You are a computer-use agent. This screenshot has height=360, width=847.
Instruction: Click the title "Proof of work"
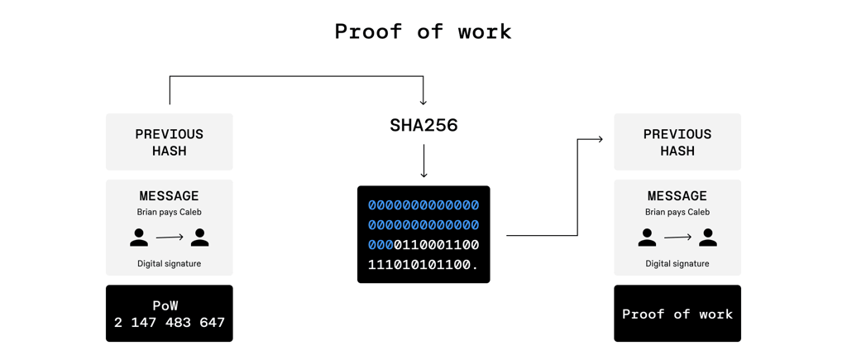(x=423, y=31)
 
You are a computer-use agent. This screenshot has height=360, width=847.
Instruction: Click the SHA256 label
(x=423, y=126)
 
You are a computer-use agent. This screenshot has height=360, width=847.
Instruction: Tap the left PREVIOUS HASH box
(x=170, y=142)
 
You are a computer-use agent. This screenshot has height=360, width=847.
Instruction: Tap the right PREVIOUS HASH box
(x=677, y=142)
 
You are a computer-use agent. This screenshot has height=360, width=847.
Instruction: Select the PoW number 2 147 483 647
(x=170, y=323)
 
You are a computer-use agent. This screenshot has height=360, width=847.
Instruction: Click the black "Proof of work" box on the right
(x=677, y=314)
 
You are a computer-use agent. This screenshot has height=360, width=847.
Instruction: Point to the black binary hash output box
(x=423, y=234)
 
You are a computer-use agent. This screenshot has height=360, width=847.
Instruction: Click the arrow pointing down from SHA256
(x=423, y=161)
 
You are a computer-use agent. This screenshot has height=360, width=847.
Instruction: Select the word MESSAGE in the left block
(x=170, y=196)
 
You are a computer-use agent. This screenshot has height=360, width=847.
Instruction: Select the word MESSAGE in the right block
(x=677, y=196)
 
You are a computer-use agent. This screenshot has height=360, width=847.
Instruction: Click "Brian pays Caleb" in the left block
(x=170, y=212)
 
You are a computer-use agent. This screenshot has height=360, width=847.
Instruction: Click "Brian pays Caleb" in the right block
(x=677, y=212)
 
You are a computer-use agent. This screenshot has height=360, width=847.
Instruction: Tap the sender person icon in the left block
(x=139, y=238)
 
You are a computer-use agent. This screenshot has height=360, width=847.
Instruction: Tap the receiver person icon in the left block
(x=199, y=238)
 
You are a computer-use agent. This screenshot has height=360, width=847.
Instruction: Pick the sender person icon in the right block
(x=647, y=238)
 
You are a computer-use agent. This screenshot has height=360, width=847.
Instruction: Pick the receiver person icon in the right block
(x=707, y=238)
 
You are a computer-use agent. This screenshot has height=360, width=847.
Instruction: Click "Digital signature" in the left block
(x=170, y=264)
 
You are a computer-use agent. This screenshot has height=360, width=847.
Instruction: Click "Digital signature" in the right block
(x=677, y=264)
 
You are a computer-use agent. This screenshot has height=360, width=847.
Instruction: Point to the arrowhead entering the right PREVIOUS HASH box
(x=600, y=140)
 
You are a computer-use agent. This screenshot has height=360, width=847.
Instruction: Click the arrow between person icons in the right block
(x=677, y=238)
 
